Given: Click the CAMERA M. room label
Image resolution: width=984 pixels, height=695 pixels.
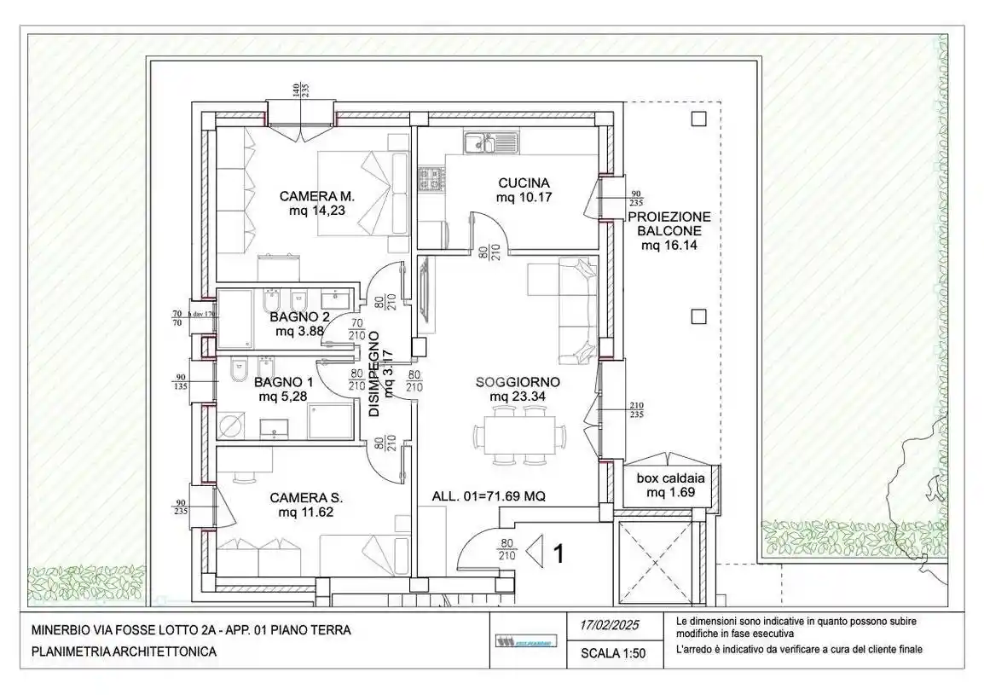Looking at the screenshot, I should pos(316,197).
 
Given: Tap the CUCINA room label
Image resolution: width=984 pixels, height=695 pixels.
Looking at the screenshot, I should pos(524,183).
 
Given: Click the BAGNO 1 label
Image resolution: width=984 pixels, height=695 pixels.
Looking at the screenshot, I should pos(285,383).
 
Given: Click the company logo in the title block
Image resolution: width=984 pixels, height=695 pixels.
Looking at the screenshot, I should pos(523,641).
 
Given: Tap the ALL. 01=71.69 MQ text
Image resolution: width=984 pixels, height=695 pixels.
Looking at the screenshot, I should pos(489,495).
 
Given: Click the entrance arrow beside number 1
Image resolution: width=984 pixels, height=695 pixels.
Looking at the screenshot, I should pos(535,553).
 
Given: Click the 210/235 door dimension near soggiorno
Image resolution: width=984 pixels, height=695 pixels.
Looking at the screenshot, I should pos(636,410).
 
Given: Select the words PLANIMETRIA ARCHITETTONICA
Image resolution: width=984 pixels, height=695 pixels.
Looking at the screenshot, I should pos(124,652).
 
